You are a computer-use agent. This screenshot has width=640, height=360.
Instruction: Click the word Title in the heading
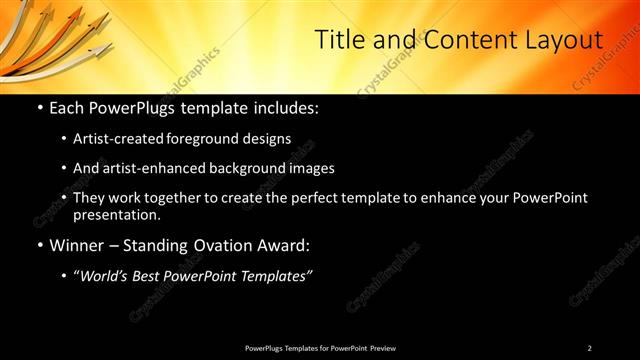click(x=338, y=40)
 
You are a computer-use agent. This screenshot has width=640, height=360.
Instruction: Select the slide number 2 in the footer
click(x=590, y=348)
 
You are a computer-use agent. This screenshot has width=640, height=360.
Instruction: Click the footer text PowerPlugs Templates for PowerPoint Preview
click(x=320, y=348)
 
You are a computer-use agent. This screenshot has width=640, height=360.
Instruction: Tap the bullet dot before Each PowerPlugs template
click(x=39, y=108)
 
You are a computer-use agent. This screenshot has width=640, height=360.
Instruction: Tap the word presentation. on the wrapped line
click(x=117, y=214)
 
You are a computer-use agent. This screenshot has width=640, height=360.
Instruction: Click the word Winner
click(x=78, y=245)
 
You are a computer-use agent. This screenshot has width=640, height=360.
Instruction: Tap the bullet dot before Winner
click(x=39, y=245)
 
